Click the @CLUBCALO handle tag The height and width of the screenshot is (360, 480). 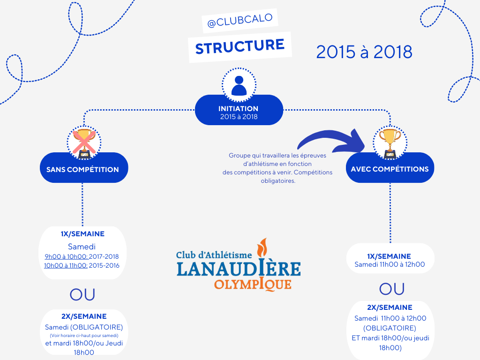point(240,22)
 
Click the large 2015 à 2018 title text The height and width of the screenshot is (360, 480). point(364,52)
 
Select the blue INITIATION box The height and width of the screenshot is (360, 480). point(239,111)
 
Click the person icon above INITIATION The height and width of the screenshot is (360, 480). point(239,85)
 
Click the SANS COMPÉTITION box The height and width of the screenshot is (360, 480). point(82,169)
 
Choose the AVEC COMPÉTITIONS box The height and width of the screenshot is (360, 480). point(390,169)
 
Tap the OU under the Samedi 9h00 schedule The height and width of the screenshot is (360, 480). point(82,294)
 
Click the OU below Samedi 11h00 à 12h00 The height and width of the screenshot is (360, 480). point(391,289)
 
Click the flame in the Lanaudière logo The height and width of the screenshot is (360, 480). point(263,249)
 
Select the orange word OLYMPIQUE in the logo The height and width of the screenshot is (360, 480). point(253,284)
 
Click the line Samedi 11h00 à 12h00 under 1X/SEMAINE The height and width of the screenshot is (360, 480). point(390,264)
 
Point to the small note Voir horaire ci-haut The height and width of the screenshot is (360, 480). point(83,336)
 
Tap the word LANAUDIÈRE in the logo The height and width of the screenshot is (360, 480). point(239,269)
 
